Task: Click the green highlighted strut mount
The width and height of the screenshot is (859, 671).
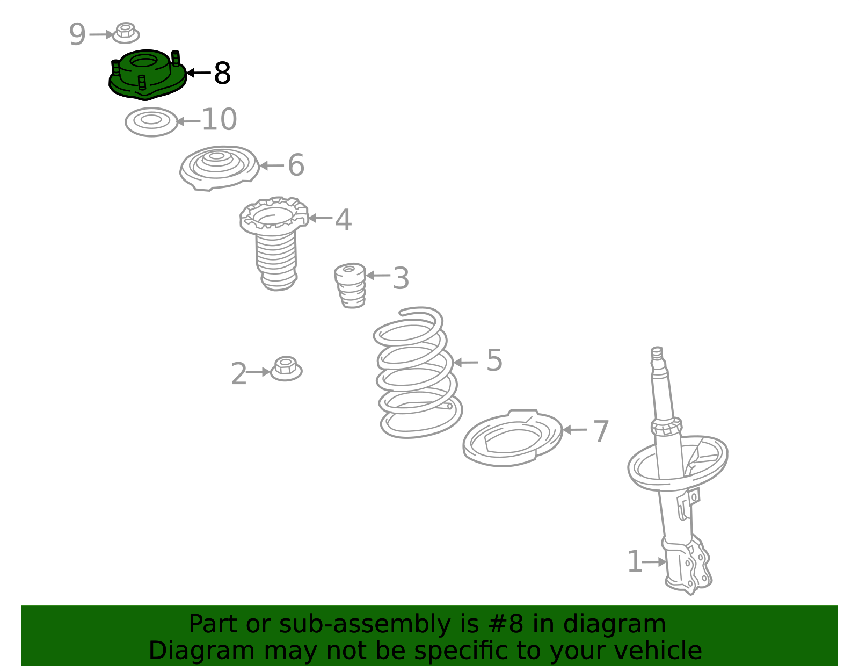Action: pos(147,75)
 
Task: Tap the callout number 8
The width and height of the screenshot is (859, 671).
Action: pos(222,73)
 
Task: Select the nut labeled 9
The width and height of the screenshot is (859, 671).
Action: pos(126,33)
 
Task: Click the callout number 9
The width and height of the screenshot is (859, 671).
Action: pos(77,34)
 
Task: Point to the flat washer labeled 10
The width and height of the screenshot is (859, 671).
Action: pos(151,122)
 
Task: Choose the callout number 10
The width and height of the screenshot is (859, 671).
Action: pos(220,119)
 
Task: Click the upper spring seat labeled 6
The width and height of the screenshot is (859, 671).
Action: pos(220,168)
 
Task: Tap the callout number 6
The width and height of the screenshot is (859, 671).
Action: pos(296,165)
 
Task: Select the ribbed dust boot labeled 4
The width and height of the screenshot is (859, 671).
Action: pos(274,243)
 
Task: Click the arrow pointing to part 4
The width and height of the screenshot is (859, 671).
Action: pos(320,218)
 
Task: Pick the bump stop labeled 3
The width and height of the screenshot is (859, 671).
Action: pos(350,285)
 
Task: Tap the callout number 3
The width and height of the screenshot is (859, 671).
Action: pos(401,278)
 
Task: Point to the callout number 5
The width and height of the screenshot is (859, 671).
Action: pos(494,360)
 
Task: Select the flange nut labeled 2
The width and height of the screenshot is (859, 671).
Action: pos(286,369)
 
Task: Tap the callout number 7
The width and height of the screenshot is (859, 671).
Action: pos(601,431)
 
